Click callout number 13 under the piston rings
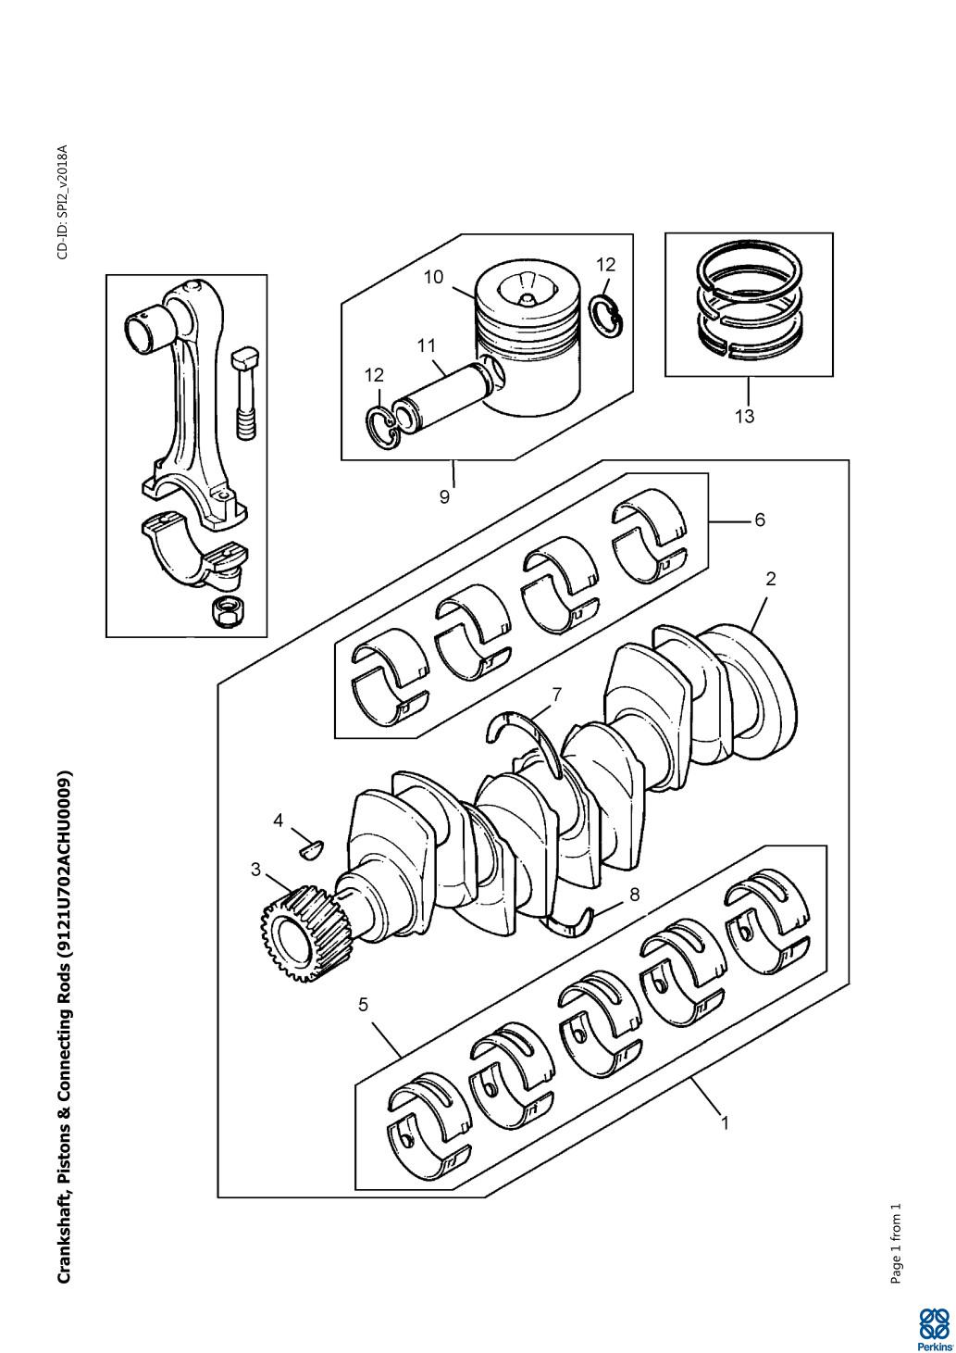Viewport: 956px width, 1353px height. (745, 416)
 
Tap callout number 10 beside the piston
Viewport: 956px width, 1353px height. (433, 277)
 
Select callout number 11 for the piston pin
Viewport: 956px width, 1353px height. (426, 346)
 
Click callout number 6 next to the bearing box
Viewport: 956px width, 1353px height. (760, 520)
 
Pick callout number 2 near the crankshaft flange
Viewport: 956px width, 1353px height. (771, 579)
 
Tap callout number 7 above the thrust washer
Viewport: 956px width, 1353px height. (557, 694)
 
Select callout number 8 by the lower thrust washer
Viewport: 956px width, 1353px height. (634, 894)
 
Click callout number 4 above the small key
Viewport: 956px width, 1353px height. (279, 821)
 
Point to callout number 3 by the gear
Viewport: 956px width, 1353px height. (256, 870)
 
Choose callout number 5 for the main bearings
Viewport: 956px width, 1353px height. (363, 1005)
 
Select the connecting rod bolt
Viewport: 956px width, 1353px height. (245, 394)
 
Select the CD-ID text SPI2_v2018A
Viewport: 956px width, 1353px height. (63, 201)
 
